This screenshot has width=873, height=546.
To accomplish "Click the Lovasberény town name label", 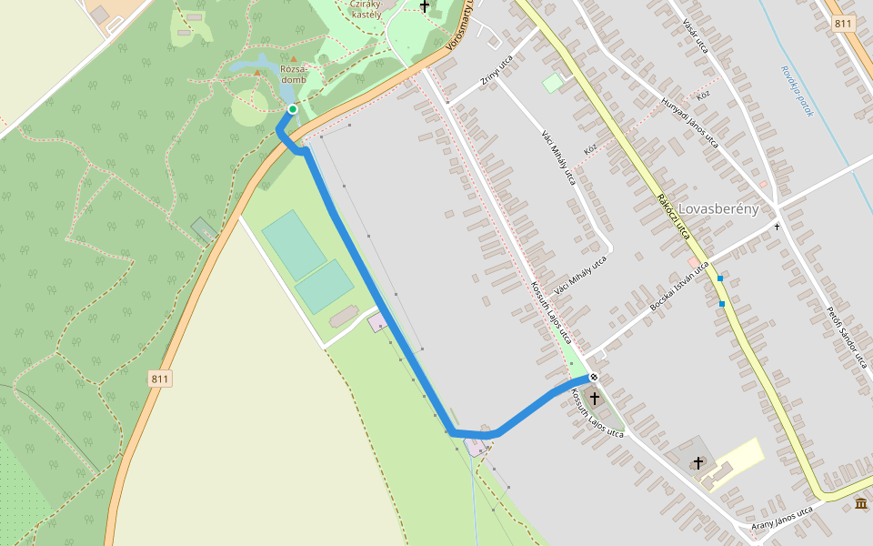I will coord(718,209).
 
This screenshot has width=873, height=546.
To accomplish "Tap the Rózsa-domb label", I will coord(294,74).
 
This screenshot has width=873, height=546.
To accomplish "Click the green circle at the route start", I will coord(292,109).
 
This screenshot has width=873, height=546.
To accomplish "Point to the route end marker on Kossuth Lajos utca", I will coord(594,378).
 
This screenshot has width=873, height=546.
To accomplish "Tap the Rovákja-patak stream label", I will coord(795,91).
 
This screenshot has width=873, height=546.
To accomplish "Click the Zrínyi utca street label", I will coord(495,72).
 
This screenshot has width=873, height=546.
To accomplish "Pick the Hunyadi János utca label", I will coord(690,122).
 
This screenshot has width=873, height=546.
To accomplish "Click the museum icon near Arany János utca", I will coord(860,503).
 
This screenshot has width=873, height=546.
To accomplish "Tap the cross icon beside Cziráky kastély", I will coord(425,6).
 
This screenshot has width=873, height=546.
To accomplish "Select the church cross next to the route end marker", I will coord(595,398).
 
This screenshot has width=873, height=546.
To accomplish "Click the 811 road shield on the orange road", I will coord(161,379).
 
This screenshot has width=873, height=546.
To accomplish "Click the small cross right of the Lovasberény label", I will coord(777,226).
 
